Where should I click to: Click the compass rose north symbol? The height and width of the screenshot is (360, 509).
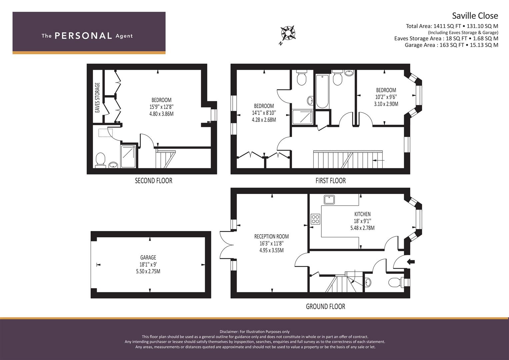[287, 33]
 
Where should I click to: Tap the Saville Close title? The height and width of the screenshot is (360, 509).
[475, 16]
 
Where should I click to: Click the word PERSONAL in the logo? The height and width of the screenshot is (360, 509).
[83, 36]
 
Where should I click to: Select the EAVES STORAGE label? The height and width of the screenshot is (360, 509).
[97, 98]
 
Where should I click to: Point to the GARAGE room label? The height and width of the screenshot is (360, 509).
[148, 257]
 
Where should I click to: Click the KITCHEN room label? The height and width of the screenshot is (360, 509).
[362, 214]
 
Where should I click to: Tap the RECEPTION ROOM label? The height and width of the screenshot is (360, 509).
[271, 236]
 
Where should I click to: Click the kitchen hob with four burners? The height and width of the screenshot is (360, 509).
[315, 219]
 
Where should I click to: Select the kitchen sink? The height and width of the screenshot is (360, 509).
[330, 200]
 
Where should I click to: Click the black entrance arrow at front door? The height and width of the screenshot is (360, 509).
[411, 262]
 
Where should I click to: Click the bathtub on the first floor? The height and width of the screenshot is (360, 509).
[322, 91]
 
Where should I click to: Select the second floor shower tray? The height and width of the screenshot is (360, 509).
[128, 156]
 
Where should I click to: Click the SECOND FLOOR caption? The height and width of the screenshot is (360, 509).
[153, 181]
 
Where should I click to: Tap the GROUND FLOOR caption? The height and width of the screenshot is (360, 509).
[325, 306]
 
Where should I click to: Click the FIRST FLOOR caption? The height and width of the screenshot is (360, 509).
[330, 181]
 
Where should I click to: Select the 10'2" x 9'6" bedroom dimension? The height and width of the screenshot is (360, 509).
[386, 97]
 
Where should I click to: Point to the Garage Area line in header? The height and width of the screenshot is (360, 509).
[451, 45]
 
